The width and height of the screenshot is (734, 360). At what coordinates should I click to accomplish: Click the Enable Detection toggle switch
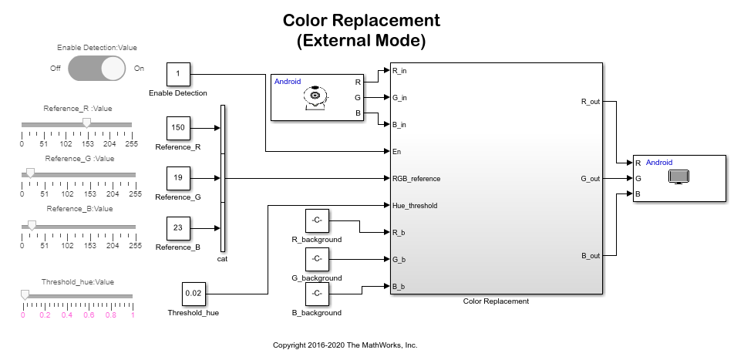click(x=96, y=69)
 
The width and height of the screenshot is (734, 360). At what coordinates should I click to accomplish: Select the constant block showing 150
click(x=178, y=128)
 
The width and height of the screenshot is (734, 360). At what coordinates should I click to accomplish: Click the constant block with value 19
click(x=178, y=178)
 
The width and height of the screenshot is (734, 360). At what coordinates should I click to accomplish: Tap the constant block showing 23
click(x=178, y=228)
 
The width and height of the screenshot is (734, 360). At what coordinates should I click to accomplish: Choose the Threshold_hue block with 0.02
click(x=193, y=294)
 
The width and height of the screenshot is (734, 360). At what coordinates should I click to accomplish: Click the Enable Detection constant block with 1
click(x=178, y=74)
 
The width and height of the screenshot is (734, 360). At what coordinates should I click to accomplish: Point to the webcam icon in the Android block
click(x=315, y=98)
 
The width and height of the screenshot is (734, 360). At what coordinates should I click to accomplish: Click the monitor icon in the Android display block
click(x=678, y=177)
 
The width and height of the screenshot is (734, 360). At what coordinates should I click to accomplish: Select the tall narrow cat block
click(x=223, y=178)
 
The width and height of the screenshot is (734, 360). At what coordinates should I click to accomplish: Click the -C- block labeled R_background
click(x=316, y=221)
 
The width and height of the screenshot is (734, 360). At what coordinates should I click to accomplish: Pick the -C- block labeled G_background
click(x=316, y=259)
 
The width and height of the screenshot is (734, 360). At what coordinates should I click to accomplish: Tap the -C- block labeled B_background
click(x=316, y=294)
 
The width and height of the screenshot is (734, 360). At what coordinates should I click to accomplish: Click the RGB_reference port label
click(x=416, y=179)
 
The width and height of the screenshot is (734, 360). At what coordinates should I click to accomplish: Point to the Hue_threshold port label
click(x=415, y=206)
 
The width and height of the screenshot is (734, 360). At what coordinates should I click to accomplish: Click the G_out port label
click(x=591, y=179)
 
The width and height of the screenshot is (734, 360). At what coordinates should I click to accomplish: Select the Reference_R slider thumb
click(x=86, y=123)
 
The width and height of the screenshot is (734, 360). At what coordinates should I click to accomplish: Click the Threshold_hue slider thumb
click(x=25, y=294)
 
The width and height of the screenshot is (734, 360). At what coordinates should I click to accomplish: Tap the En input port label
click(x=396, y=152)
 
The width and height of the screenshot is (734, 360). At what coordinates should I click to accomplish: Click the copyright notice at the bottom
click(x=345, y=345)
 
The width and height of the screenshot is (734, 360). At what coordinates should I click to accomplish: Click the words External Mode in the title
click(x=362, y=40)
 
